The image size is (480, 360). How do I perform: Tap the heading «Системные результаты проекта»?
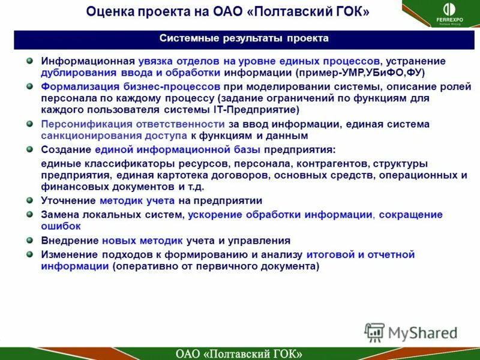[244, 38]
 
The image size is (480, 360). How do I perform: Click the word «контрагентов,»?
[335, 164]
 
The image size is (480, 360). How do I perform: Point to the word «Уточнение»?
[68, 201]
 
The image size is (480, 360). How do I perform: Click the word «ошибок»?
[61, 226]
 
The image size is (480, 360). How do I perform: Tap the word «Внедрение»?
[69, 241]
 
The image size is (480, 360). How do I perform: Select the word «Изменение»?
[68, 255]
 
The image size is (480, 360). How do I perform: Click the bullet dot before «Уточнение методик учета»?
[29, 200]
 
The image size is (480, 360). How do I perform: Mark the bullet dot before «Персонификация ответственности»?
[29, 124]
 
